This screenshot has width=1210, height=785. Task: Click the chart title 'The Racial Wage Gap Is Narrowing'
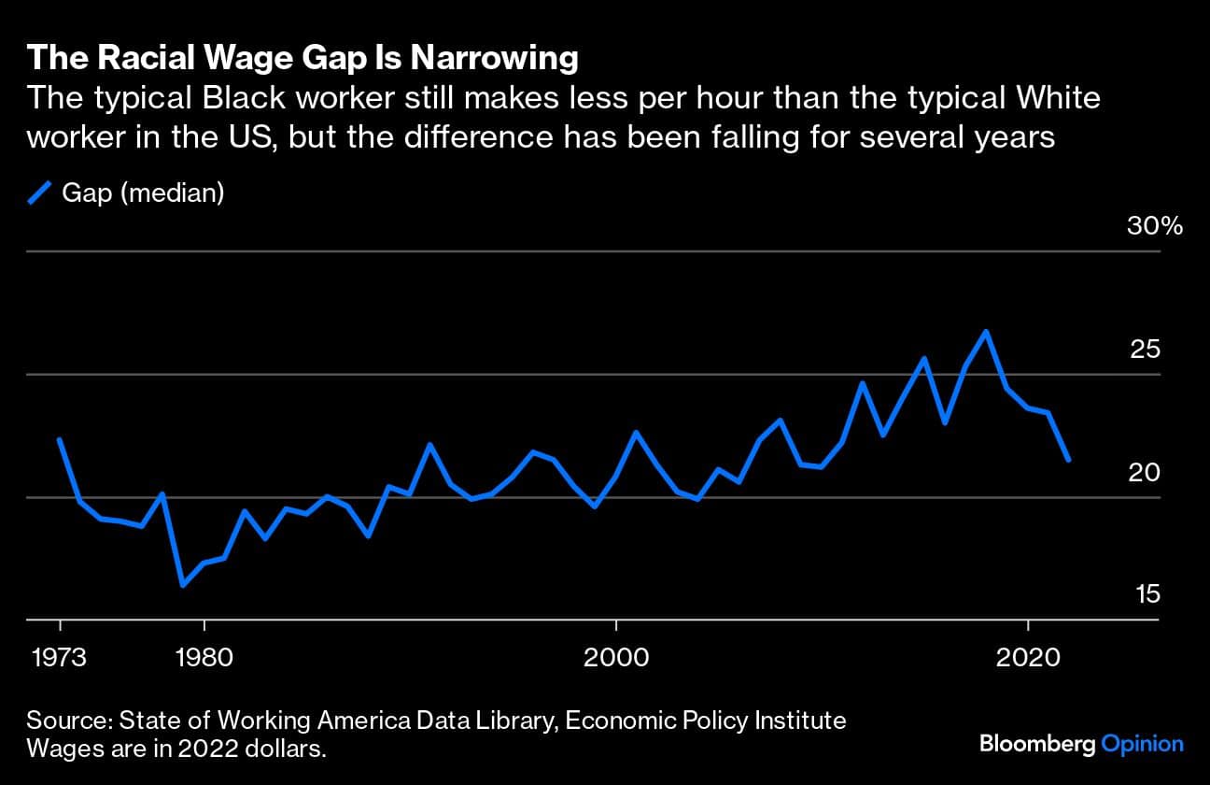pos(302,59)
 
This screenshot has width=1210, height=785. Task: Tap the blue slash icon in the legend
pos(38,193)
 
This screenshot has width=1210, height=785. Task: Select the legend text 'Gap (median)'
pos(143,193)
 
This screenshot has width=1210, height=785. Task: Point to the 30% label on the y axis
pos(1154,226)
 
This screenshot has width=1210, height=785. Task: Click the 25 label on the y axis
pos(1144,350)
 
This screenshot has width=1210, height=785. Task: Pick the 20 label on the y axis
pos(1144,472)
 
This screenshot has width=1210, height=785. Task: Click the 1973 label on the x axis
pos(60,657)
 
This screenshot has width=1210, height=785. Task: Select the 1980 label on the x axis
pos(204,657)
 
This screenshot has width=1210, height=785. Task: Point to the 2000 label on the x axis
pos(616,657)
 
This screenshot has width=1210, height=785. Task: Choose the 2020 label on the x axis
pos(1028,657)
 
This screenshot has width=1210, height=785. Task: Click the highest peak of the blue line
pos(986,332)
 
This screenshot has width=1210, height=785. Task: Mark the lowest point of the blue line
pos(183,586)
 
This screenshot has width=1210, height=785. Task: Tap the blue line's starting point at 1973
pos(60,439)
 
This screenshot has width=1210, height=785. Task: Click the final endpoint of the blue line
pos(1068,460)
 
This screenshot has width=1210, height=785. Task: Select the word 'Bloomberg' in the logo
pos(1037,744)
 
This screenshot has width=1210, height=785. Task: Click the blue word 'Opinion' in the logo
pos(1142,744)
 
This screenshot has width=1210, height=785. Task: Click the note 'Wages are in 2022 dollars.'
pos(177,749)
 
